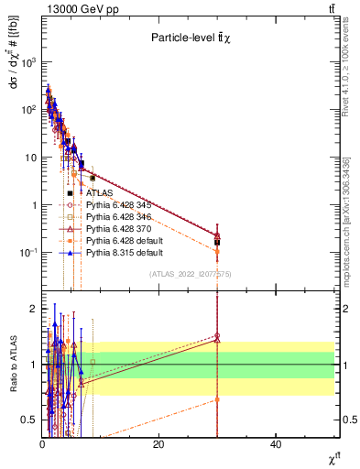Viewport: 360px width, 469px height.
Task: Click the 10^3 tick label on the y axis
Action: (28, 62)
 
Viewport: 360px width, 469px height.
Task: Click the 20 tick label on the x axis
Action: (158, 444)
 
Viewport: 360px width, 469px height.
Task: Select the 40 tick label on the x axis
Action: (276, 444)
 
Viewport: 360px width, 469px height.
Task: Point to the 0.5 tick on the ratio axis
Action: (29, 420)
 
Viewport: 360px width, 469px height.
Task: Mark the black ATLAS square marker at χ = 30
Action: (217, 243)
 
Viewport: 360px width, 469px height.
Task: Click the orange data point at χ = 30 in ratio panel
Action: (217, 399)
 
